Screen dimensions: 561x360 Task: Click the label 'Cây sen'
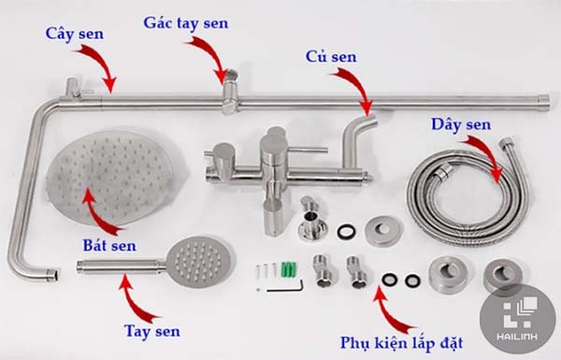tap(76, 34)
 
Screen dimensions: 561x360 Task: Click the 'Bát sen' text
tap(108, 245)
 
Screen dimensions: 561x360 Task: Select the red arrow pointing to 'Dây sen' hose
tap(487, 153)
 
